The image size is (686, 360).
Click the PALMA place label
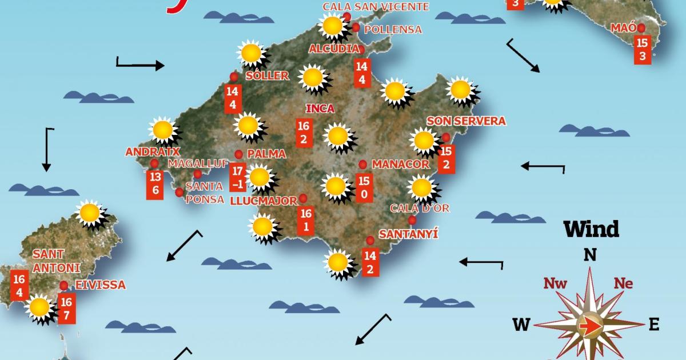coord(266,154)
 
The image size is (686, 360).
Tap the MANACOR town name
coord(400,165)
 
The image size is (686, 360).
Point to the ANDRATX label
coord(153,152)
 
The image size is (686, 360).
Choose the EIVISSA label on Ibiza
coord(100,285)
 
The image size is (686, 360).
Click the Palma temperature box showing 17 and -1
coord(238,177)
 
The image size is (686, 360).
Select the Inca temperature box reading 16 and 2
coord(303,133)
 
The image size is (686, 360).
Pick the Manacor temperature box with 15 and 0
coord(364,188)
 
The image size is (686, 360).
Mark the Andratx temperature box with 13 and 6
coord(154,184)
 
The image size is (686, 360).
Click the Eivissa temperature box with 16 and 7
coord(66,309)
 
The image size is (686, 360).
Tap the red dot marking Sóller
coord(233,77)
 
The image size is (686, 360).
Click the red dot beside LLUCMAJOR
coord(303,198)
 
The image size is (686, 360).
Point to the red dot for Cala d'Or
coord(412,221)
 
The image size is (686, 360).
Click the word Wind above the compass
coord(591,229)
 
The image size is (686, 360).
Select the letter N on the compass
coord(590,255)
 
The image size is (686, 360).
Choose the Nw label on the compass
coord(555,283)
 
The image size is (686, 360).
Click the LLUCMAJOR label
coord(264,201)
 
